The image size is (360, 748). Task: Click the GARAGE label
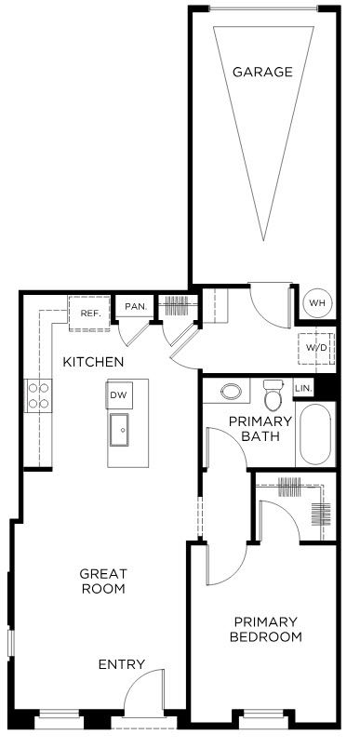point(262,72)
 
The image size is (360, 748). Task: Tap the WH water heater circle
point(318,303)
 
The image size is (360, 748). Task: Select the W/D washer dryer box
point(316,348)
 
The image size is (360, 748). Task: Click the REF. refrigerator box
point(89,314)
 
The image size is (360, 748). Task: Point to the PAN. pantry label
point(135,306)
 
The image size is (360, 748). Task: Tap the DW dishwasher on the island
point(120,395)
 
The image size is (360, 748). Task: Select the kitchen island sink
point(119,430)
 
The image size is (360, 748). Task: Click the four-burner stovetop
point(39,395)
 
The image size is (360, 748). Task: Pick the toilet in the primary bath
point(273,394)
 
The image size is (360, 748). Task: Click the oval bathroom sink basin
point(232,392)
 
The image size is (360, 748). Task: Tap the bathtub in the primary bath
point(315,434)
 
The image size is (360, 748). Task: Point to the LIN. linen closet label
point(302,388)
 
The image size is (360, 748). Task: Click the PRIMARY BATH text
point(260,428)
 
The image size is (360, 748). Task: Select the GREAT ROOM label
point(103,581)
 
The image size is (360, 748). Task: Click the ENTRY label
point(122,664)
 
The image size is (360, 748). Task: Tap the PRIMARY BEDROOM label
point(266,629)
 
